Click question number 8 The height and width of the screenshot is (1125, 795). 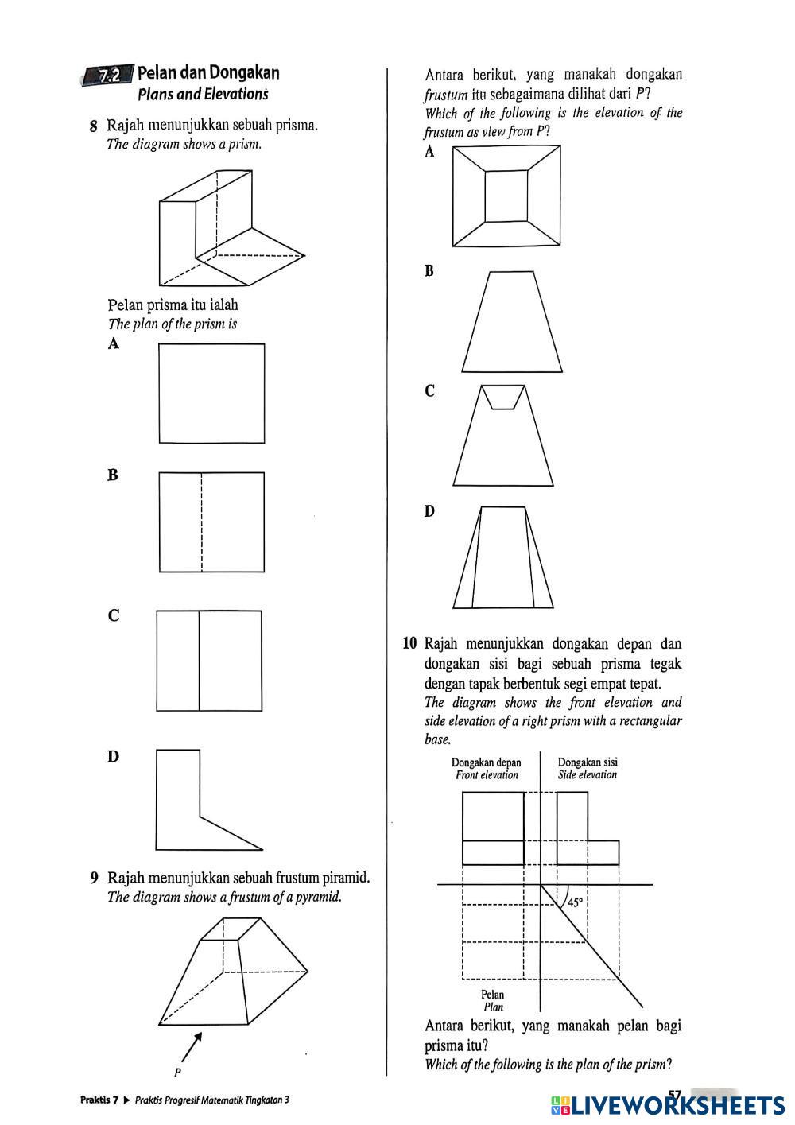point(94,126)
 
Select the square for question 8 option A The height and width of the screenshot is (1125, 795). point(211,393)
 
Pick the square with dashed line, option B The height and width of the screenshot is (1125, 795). point(211,522)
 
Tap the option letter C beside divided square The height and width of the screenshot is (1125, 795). point(114,615)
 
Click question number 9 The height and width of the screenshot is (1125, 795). point(94,879)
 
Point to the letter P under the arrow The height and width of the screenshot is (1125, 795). point(177,1073)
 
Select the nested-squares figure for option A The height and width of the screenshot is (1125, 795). point(506,196)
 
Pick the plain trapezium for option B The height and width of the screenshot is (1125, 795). point(512,322)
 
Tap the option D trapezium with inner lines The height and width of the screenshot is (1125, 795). point(503,557)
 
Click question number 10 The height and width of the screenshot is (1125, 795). point(409,643)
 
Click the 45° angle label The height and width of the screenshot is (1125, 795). point(575,902)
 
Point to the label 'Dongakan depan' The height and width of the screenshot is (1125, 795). point(486,762)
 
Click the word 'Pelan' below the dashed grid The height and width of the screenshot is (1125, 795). point(492,995)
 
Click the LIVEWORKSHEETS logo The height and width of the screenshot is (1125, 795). point(668,1104)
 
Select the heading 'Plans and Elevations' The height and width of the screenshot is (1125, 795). point(203,95)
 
